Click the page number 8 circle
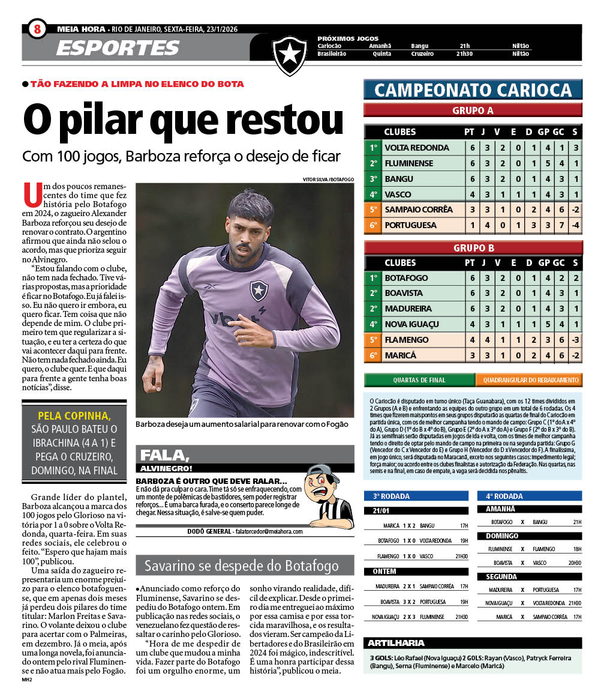tap(37, 28)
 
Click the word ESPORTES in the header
tap(118, 47)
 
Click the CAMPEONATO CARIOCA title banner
tap(473, 90)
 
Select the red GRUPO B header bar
tap(473, 247)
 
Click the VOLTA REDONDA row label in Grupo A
tap(416, 148)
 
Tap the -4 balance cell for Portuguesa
tap(575, 225)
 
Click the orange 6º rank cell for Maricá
tap(373, 355)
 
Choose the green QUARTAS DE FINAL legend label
tap(419, 380)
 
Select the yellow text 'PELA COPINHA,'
tap(74, 415)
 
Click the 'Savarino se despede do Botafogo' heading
tap(241, 566)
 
